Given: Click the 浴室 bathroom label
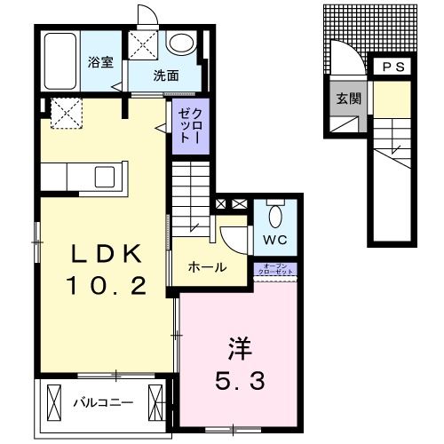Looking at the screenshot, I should pyautogui.click(x=99, y=62).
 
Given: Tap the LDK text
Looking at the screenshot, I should pyautogui.click(x=107, y=255).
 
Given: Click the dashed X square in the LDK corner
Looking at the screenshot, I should pyautogui.click(x=65, y=113).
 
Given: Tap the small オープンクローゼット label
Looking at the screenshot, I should pyautogui.click(x=275, y=269).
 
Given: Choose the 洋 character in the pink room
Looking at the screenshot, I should pyautogui.click(x=236, y=345).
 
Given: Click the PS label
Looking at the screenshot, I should pyautogui.click(x=392, y=67).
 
